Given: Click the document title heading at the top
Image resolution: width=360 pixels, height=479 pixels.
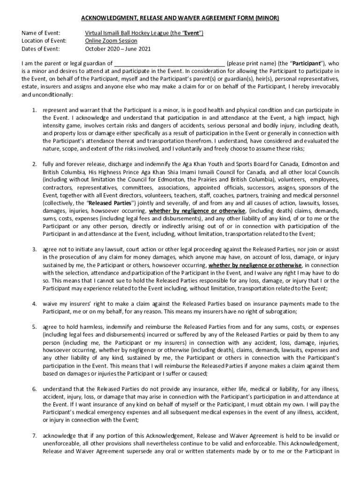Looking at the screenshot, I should coord(180,18).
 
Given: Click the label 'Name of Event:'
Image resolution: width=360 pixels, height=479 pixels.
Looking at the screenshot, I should coord(41,33).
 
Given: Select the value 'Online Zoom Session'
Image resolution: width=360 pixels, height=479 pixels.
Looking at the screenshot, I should coord(111,41).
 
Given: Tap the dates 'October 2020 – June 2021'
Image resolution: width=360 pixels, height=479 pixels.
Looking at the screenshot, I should coord(118,48).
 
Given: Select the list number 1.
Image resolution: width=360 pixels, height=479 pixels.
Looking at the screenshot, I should coord(34,110).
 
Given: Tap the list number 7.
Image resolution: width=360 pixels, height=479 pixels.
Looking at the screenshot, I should coord(34,436).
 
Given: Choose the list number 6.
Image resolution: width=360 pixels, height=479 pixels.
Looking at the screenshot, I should coord(34,389).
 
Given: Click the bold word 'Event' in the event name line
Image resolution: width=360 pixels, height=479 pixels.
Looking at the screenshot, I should coord(192,33).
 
